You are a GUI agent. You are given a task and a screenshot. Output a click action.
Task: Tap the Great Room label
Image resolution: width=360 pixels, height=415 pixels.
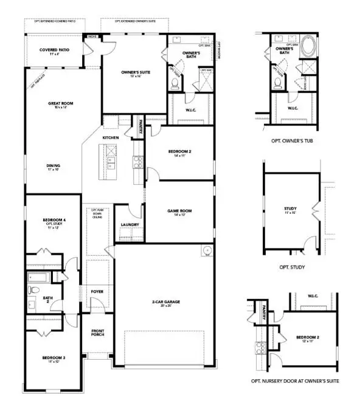(x=61, y=104)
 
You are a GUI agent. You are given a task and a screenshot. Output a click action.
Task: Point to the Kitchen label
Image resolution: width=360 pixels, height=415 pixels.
(x=110, y=139)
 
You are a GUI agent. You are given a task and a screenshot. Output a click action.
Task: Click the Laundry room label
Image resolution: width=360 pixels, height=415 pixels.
(x=130, y=225)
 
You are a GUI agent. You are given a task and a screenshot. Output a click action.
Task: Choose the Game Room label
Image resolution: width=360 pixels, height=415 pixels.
(x=179, y=211)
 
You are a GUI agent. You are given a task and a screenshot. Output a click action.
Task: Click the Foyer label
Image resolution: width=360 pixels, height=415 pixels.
(x=97, y=292)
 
